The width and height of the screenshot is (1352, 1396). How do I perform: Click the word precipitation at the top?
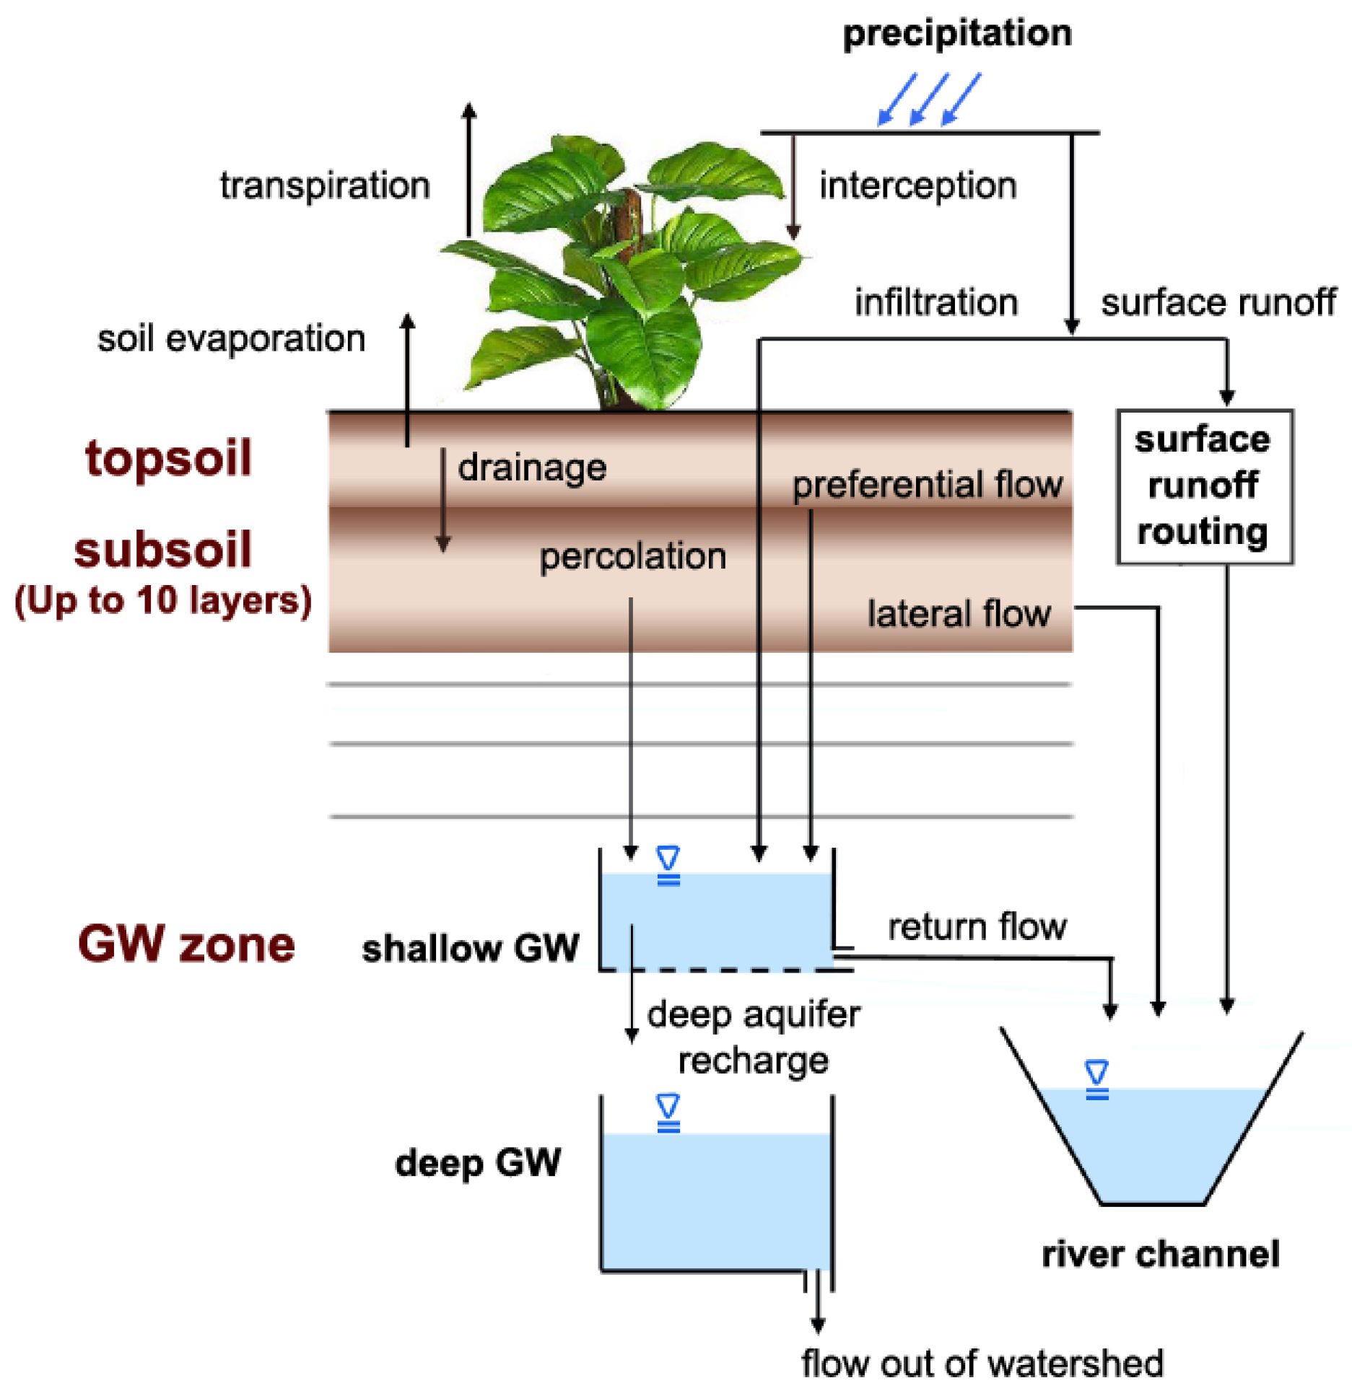957,33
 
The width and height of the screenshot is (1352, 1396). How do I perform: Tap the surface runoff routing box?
1203,486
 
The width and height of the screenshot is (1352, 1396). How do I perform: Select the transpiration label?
325,185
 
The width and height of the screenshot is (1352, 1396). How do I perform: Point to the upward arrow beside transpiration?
469,170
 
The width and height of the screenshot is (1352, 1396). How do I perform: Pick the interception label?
917,185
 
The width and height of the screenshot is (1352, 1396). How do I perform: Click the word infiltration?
936,302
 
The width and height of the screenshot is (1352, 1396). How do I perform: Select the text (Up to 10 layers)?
163,600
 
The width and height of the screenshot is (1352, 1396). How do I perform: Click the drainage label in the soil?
532,467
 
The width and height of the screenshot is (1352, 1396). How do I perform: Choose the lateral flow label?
959,614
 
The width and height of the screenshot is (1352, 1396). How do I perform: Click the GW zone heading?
186,944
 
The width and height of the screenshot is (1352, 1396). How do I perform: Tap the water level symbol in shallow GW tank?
668,865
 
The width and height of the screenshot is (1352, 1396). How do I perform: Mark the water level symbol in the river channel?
1097,1079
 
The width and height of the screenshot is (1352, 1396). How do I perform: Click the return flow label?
977,926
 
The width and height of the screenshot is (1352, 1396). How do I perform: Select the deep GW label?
478,1163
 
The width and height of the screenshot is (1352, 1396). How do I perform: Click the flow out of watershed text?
982,1364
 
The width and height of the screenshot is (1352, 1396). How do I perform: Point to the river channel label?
1161,1255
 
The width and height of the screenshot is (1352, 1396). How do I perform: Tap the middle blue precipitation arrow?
929,99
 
